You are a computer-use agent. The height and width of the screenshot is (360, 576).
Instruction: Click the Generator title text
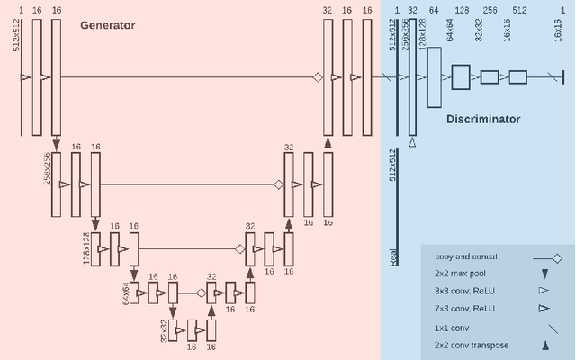[108, 25]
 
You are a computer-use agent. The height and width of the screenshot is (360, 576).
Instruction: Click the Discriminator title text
[483, 119]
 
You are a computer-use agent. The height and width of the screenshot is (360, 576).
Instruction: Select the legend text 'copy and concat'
[465, 257]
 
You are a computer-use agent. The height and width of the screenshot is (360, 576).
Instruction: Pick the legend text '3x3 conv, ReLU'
[463, 291]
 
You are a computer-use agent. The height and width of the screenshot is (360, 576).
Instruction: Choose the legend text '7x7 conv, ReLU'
[463, 309]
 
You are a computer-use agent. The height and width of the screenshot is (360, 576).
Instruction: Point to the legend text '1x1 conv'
[451, 327]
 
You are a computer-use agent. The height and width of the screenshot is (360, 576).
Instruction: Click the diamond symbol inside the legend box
[557, 257]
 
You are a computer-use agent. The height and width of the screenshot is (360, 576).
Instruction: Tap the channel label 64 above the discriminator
[435, 10]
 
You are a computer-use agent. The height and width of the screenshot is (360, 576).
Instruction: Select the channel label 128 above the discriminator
[462, 10]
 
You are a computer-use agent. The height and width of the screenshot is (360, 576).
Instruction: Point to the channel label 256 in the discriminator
[490, 10]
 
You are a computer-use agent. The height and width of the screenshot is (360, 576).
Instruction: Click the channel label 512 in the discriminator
[519, 10]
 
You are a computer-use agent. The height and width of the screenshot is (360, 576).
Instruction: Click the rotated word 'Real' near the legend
[394, 256]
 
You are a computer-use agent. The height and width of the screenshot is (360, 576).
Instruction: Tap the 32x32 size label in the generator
[164, 331]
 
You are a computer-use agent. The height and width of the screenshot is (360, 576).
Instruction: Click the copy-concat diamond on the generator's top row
[318, 78]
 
